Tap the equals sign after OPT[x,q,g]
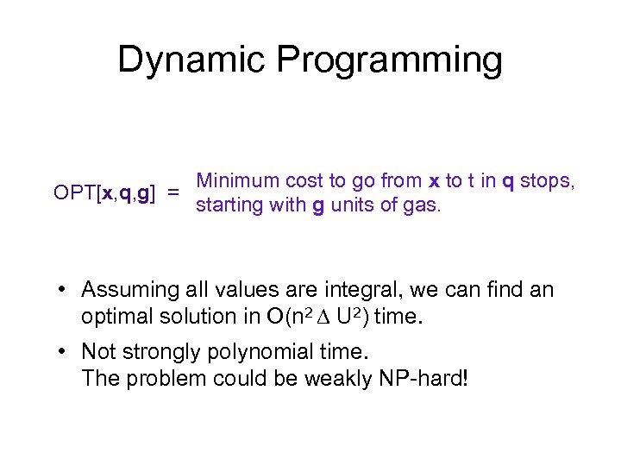174,193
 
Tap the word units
354,206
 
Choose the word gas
423,206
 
